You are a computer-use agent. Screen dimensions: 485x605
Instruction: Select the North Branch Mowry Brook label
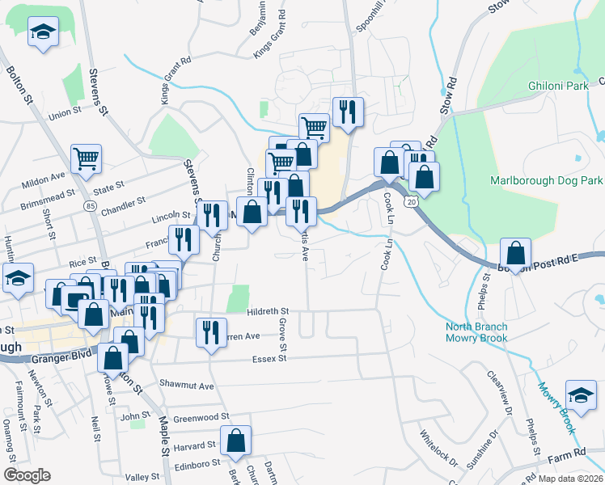[476, 332]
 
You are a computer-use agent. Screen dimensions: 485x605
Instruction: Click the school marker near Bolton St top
[42, 34]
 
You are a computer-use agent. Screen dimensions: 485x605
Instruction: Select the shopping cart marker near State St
[86, 158]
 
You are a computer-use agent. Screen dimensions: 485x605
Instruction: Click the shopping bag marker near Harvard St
[236, 441]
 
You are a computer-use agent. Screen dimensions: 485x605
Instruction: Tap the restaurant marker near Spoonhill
[348, 112]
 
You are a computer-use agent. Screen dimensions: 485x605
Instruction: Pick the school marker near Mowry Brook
[581, 394]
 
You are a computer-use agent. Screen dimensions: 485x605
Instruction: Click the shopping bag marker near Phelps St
[514, 252]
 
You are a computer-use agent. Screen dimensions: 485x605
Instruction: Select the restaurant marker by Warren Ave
[210, 332]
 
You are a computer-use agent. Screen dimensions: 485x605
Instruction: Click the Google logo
[27, 475]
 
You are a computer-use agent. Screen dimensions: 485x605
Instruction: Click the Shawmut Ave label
[186, 386]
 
